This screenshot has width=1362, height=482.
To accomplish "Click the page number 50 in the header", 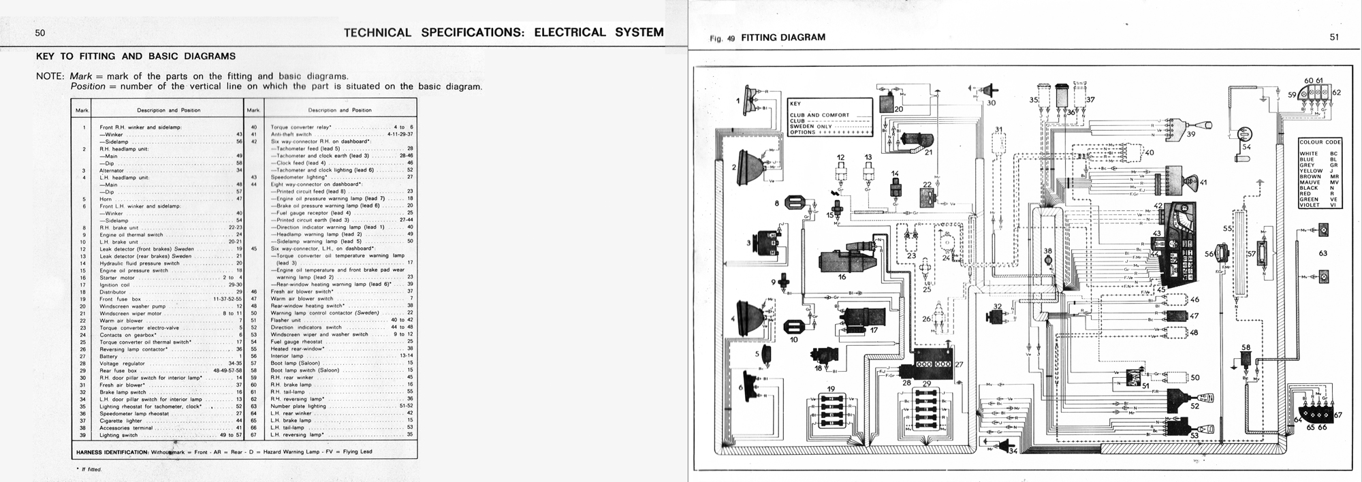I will (x=40, y=33).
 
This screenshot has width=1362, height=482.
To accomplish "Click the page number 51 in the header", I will (x=1334, y=37).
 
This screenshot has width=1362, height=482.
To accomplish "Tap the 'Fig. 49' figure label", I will (x=722, y=38).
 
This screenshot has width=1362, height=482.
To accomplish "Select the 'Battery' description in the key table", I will (x=109, y=356).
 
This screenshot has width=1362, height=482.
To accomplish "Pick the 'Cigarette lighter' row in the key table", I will (x=121, y=421).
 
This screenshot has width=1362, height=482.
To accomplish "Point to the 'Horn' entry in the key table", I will (x=106, y=199).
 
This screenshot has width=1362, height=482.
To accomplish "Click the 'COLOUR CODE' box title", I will (x=1320, y=142).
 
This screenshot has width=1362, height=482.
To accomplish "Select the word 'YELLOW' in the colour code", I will (x=1312, y=171).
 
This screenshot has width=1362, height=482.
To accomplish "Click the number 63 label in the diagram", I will (x=1323, y=253).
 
